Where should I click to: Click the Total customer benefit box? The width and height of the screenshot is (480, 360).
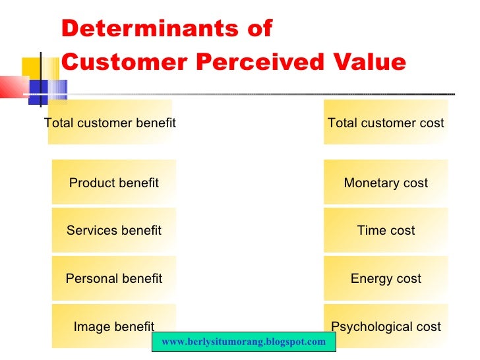pos(110,123)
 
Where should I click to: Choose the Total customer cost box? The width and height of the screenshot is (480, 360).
pos(386,123)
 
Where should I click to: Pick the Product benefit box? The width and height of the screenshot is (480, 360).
pos(114,183)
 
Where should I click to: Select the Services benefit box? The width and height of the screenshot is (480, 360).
pos(114,230)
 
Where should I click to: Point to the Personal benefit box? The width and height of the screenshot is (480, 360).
pos(114,278)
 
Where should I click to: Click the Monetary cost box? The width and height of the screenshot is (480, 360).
pos(386,183)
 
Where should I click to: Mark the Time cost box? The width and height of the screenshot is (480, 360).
pos(386,230)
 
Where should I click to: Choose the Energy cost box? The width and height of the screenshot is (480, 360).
pos(386,278)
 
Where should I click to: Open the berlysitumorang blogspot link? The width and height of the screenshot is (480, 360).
pos(244,342)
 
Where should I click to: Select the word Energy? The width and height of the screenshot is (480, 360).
pos(372,278)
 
